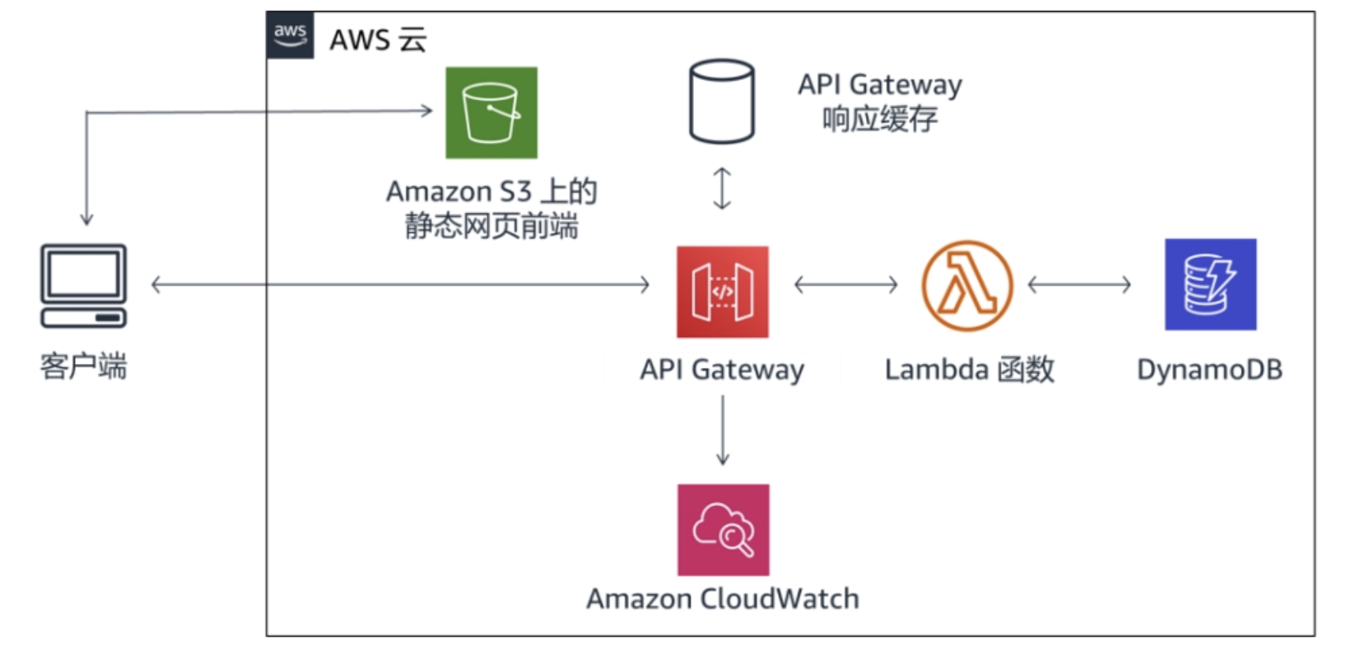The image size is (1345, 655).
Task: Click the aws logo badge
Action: (x=290, y=35)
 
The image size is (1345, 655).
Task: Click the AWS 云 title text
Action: (x=377, y=39)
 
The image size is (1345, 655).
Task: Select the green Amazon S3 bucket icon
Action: (x=491, y=112)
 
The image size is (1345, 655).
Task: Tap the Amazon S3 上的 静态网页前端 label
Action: (x=491, y=209)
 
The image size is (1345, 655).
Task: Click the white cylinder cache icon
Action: (x=721, y=101)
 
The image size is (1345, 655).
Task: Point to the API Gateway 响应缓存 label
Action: (x=879, y=101)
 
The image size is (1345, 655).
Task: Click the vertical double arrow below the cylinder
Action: (x=721, y=189)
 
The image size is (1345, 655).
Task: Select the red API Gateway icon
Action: (x=722, y=291)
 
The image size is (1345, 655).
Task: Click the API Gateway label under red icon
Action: (x=721, y=369)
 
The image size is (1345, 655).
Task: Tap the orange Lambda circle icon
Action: (x=967, y=285)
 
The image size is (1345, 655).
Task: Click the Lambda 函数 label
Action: (x=969, y=369)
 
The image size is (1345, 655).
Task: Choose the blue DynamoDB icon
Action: (x=1210, y=284)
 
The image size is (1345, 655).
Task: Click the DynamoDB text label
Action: (x=1209, y=369)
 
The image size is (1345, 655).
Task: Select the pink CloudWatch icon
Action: (x=723, y=530)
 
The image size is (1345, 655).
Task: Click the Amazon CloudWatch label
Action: (x=722, y=599)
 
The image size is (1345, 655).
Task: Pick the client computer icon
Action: (x=84, y=285)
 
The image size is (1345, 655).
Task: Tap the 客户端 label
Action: (x=84, y=367)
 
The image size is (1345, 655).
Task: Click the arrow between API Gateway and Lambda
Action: (x=845, y=284)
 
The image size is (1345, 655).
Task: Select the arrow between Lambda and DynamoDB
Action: (x=1079, y=284)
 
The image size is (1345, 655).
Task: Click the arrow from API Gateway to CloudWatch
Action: (x=722, y=430)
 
